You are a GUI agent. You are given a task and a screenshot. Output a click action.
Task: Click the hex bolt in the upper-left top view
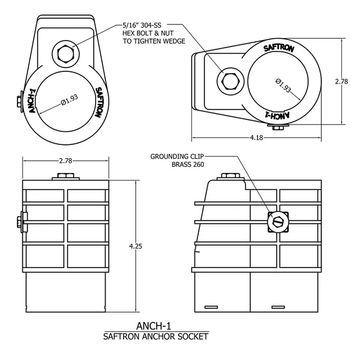(x=66, y=54)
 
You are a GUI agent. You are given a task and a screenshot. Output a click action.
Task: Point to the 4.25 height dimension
(x=136, y=246)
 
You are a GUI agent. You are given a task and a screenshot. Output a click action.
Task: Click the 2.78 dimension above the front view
(x=65, y=161)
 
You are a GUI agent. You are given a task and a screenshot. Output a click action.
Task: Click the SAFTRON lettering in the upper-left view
(x=99, y=104)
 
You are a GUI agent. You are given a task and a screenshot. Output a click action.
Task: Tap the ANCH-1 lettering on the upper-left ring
(x=32, y=104)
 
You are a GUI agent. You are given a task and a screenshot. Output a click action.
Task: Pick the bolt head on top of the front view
(x=66, y=177)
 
